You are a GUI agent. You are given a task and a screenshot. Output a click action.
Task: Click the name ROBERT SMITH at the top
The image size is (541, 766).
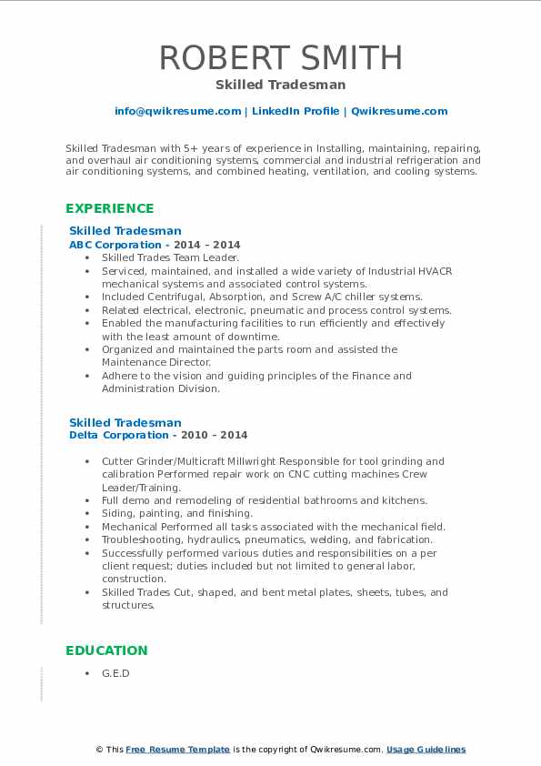(280, 57)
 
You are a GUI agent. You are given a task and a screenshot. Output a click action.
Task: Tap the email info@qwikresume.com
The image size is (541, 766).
(177, 111)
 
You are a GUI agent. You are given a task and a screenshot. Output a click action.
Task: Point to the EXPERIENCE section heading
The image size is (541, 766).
(110, 208)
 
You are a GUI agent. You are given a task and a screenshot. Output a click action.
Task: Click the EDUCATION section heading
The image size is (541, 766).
(106, 650)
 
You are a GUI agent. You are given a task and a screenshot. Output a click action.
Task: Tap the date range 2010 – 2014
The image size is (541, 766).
(215, 436)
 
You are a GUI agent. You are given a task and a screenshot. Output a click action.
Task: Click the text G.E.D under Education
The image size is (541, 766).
(115, 673)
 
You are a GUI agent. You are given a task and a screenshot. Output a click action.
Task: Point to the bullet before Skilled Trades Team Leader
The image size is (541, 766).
(87, 258)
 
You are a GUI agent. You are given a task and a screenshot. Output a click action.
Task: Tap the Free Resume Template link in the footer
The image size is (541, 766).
(178, 750)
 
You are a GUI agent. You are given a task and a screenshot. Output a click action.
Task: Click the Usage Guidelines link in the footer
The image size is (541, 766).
(426, 750)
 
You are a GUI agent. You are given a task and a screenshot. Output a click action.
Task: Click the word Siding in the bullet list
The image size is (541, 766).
(116, 513)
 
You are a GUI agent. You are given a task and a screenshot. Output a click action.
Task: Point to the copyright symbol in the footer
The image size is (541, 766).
(99, 750)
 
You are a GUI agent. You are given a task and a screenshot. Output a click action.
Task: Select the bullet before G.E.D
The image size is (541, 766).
(87, 673)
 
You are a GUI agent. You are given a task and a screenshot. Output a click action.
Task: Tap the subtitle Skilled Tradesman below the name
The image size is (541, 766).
(280, 85)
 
